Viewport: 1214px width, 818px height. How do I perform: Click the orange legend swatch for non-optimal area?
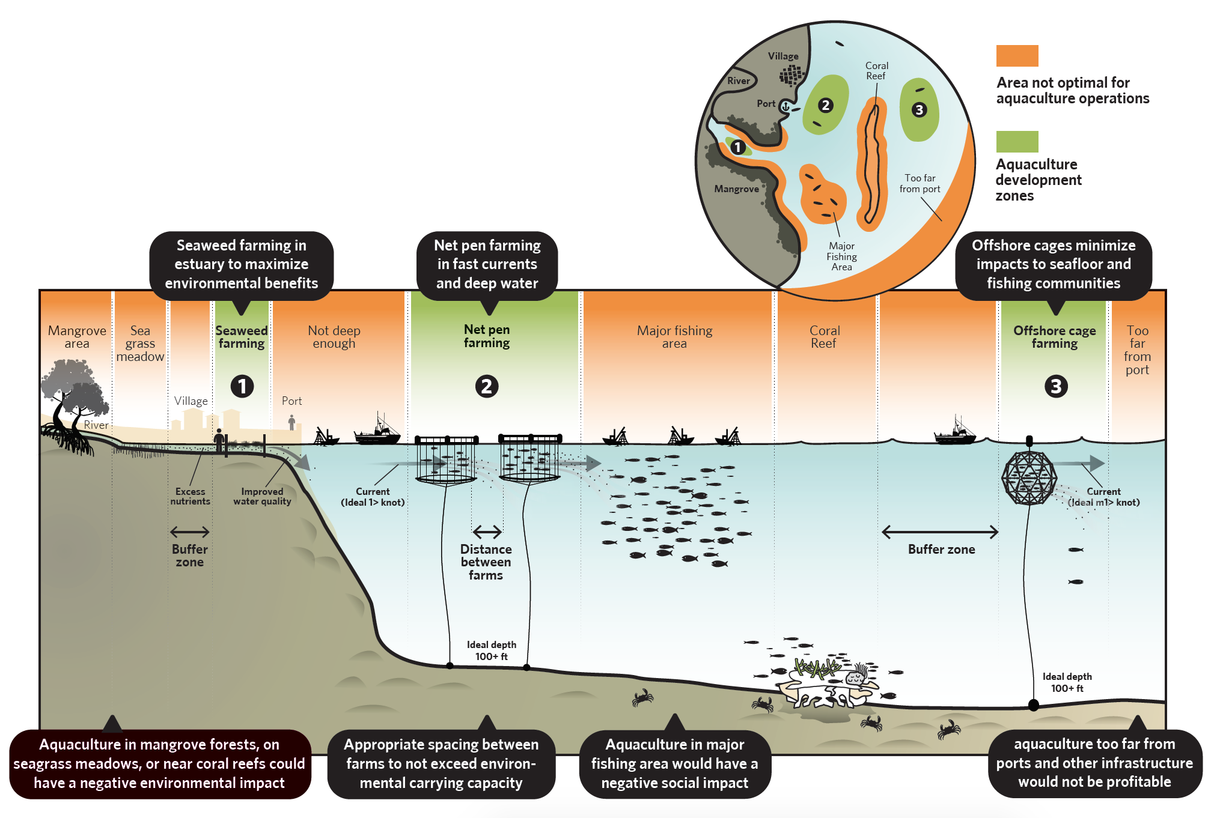[x=1017, y=56]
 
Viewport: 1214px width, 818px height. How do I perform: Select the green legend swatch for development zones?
[x=1017, y=142]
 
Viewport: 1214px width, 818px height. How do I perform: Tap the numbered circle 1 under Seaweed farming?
[x=242, y=386]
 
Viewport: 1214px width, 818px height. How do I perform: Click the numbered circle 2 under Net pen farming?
[x=487, y=386]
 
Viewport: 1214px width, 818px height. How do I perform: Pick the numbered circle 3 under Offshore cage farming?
[x=1056, y=386]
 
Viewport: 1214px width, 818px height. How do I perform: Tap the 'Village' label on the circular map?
[x=783, y=56]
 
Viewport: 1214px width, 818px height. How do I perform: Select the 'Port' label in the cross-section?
[x=292, y=401]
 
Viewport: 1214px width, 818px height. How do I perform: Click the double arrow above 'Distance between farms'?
[x=487, y=532]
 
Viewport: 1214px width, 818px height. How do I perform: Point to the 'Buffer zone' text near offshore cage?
[x=941, y=549]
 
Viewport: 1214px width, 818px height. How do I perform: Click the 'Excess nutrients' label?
[x=190, y=496]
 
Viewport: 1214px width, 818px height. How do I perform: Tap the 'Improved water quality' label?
[x=262, y=496]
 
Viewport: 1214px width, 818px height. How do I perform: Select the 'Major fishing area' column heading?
[x=674, y=337]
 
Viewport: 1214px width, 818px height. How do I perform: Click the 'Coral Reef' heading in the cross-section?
[x=824, y=337]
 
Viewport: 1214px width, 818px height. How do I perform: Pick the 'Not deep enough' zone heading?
[x=334, y=337]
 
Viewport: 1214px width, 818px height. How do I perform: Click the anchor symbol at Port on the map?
[x=785, y=106]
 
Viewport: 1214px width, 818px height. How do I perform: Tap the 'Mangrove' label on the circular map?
[x=736, y=189]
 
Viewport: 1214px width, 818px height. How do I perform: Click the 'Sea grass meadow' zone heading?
[x=140, y=344]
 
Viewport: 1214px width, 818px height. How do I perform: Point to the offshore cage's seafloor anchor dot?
[x=1034, y=705]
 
